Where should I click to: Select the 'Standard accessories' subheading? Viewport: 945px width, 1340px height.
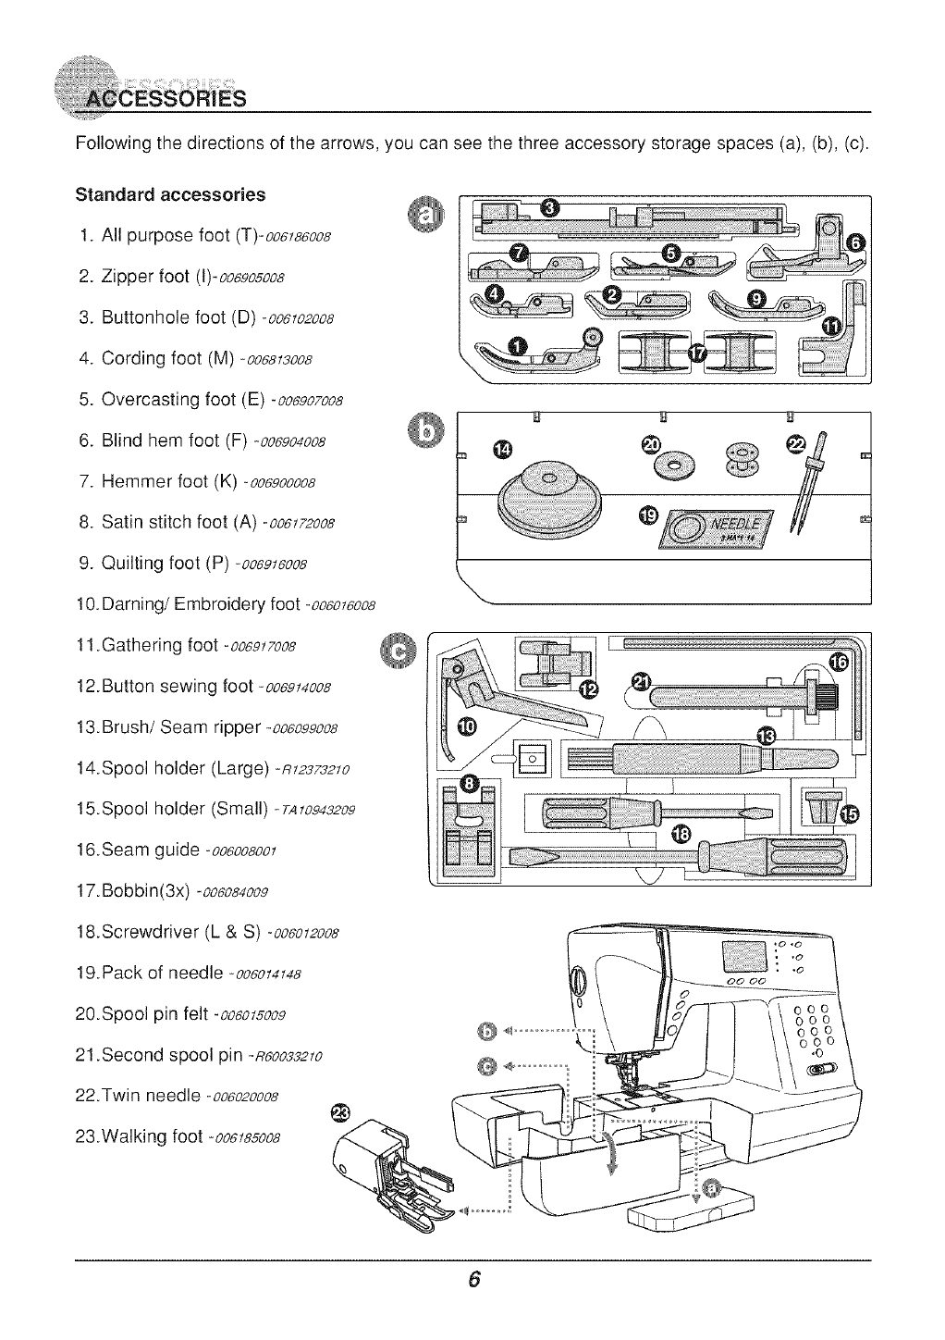coord(170,195)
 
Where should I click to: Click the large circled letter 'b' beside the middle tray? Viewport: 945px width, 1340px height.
coord(424,430)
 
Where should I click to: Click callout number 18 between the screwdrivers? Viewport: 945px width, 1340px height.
coord(682,831)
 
